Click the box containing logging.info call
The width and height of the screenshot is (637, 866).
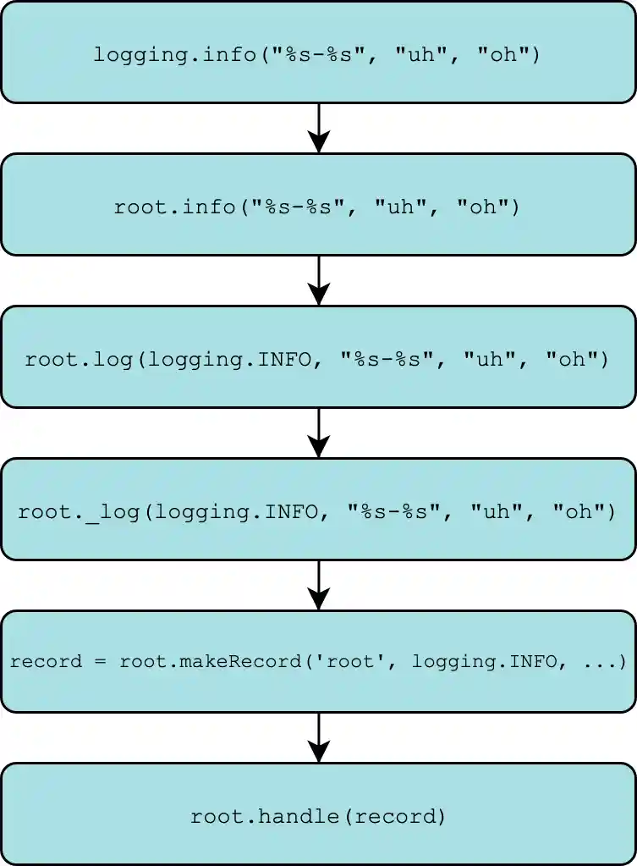[x=318, y=52]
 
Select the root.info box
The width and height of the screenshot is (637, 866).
[x=318, y=205]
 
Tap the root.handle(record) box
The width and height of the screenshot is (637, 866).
[x=318, y=814]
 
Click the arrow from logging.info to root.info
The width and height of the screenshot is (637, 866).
[x=318, y=128]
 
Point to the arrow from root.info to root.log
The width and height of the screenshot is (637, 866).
[x=318, y=280]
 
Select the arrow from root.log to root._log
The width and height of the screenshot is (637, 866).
[x=318, y=433]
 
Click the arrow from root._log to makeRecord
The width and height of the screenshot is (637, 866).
[x=318, y=585]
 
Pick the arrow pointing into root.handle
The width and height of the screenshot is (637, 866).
[x=318, y=737]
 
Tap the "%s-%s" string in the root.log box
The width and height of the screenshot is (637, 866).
[x=393, y=359]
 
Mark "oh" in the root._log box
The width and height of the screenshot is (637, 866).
[x=579, y=511]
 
